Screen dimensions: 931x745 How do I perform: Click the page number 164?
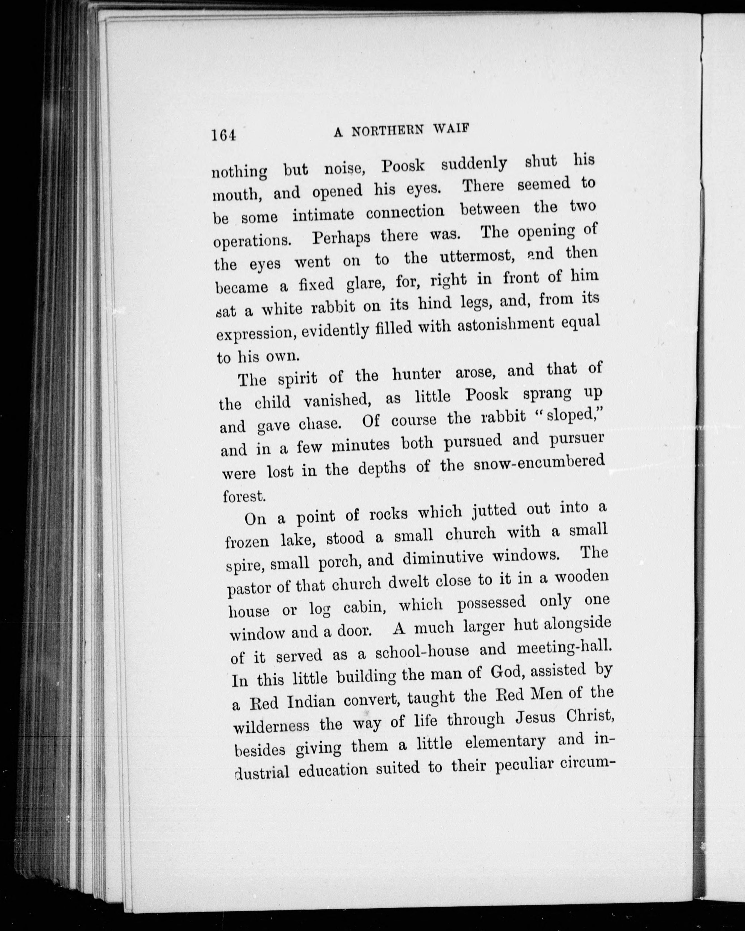click(224, 136)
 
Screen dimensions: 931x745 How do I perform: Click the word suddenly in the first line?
click(474, 165)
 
